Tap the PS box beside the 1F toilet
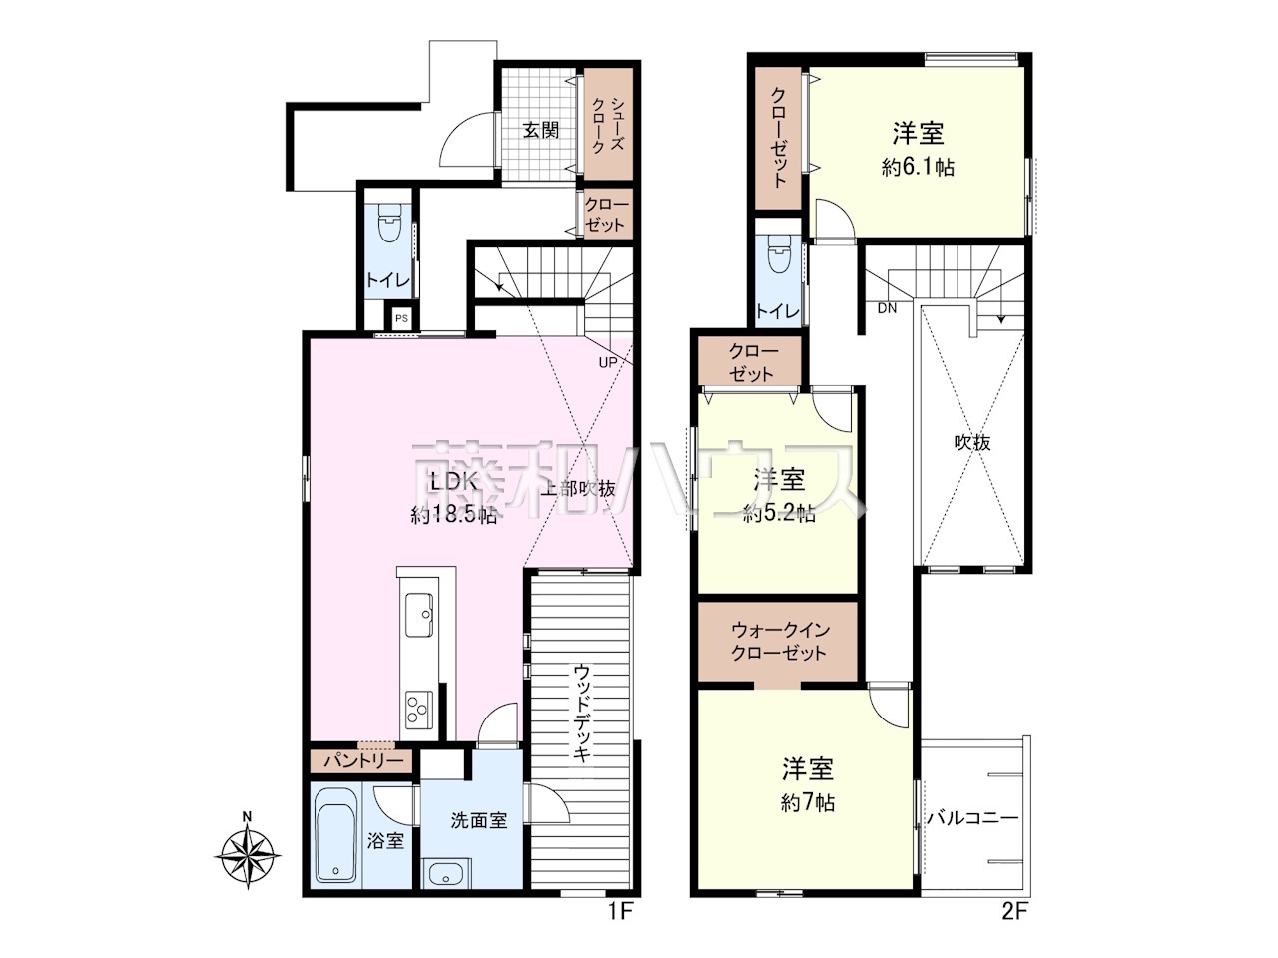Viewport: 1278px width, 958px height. coord(401,318)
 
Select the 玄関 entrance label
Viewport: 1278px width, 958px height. coord(541,131)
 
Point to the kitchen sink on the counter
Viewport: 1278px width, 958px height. coord(419,615)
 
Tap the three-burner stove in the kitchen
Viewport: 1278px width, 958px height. coord(419,710)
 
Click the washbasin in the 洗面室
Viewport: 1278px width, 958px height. coord(445,873)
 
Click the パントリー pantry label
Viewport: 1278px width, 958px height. coord(363,760)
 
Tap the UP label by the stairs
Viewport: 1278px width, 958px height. coord(607,363)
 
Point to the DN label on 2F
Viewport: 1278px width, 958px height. coord(887,309)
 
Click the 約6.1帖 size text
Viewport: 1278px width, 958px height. coord(918,168)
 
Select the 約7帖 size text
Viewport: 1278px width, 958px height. coord(808,803)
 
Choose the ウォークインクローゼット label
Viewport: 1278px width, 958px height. coord(779,642)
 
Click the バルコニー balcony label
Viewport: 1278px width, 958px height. coord(972,818)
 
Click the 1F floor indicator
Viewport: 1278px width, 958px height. coord(621,927)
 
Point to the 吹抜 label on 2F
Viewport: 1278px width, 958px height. coord(972,443)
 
